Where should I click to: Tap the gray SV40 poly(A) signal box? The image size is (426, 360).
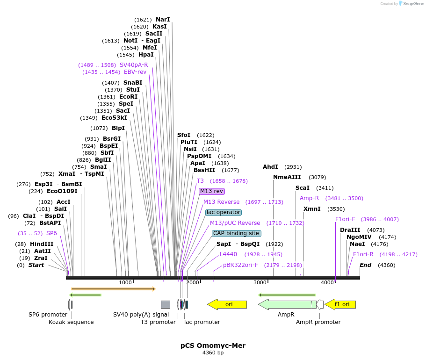tap(166, 304)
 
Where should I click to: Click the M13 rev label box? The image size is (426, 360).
tap(212, 191)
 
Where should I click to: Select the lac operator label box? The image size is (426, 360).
tap(224, 212)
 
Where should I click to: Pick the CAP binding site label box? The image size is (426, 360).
tap(236, 233)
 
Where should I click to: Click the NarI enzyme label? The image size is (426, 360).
tap(163, 20)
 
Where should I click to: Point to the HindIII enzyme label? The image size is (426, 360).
tap(42, 244)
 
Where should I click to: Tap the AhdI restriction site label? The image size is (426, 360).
tap(270, 167)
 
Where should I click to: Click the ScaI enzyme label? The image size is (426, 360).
tap(303, 188)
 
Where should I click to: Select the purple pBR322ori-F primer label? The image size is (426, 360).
tap(240, 265)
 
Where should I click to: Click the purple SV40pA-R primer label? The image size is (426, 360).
tap(134, 65)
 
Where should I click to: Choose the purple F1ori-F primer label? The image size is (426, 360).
tap(345, 219)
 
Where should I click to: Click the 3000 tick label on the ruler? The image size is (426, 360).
tap(260, 282)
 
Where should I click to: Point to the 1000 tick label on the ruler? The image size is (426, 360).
tap(125, 282)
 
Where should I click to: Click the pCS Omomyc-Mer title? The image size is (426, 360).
tap(213, 346)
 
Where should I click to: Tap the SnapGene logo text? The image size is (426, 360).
tap(413, 3)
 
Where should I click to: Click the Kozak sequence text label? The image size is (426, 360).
tap(71, 322)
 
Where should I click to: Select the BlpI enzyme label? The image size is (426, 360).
tap(118, 128)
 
